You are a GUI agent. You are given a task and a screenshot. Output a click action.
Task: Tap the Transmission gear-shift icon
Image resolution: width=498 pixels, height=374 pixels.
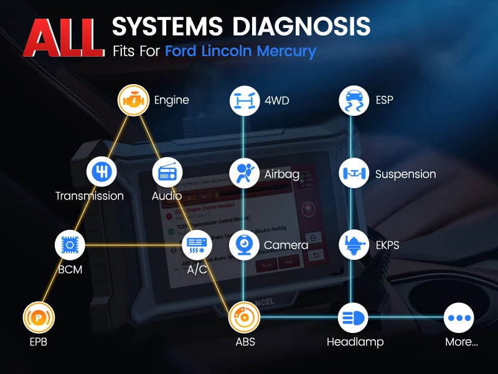click(x=101, y=172)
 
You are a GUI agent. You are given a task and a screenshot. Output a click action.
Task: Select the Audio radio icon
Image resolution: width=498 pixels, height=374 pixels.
click(x=167, y=172)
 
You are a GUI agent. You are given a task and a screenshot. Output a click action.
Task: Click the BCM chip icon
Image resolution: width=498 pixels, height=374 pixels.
click(x=70, y=245)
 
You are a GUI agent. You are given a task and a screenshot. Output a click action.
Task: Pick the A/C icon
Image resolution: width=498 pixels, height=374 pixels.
click(x=197, y=245)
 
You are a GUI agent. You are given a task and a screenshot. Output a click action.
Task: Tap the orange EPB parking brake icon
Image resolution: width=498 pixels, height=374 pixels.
click(x=39, y=317)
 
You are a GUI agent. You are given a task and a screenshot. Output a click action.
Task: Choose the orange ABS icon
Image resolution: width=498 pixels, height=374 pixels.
click(x=245, y=317)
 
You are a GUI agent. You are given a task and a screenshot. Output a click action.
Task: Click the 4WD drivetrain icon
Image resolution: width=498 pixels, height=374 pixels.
click(x=245, y=100)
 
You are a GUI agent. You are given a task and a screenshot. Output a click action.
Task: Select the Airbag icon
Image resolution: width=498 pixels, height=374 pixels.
click(x=245, y=173)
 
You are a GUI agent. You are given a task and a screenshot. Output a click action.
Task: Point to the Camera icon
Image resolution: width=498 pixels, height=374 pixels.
click(x=245, y=245)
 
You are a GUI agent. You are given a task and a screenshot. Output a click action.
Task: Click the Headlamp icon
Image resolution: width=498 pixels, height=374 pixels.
click(x=354, y=318)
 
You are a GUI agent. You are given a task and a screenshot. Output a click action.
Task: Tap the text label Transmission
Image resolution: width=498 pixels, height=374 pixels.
click(x=90, y=196)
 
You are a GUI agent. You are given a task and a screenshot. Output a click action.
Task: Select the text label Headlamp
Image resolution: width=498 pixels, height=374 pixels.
click(x=355, y=342)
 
